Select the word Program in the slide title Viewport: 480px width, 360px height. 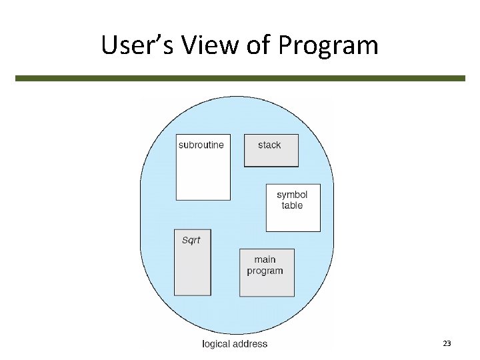coord(329,45)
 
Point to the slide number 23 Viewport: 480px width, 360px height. coord(447,343)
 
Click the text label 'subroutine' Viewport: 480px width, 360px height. coord(201,145)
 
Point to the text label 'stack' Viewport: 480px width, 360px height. coord(269,145)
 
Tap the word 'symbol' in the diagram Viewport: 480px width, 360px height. coord(292,195)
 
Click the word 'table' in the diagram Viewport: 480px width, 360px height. coord(292,205)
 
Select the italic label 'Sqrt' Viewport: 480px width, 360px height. coord(191,240)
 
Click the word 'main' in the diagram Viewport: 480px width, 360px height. coord(265,259)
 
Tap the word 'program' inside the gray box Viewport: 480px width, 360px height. coord(265,271)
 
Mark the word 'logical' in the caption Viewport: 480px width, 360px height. coord(217,344)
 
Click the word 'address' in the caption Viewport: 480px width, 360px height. coord(251,344)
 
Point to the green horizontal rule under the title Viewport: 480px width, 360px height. coord(240,78)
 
